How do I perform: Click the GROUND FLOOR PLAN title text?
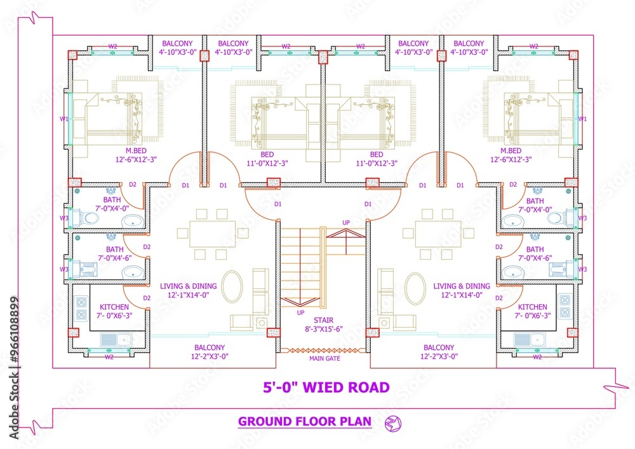click(304, 421)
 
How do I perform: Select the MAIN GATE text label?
click(324, 359)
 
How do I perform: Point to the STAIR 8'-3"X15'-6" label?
click(323, 325)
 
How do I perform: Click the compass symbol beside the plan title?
click(393, 422)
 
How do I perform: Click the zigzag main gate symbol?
click(324, 350)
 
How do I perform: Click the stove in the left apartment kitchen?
click(82, 309)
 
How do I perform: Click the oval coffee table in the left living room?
click(232, 286)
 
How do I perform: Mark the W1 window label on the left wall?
click(64, 119)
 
